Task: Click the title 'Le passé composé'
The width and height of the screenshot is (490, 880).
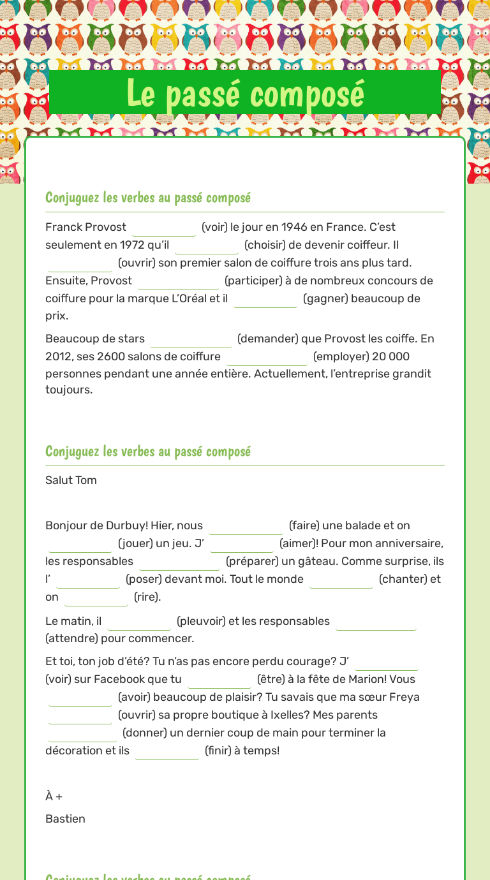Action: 245,93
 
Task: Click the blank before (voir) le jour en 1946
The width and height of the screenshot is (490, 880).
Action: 164,228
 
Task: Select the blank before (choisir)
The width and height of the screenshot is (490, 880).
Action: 207,246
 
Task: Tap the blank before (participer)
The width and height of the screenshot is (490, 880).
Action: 178,281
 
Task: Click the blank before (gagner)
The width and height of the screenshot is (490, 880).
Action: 265,299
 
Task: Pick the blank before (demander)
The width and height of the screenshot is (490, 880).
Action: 191,339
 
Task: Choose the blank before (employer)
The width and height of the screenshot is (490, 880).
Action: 267,357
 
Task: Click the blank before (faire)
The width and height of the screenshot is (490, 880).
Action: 246,526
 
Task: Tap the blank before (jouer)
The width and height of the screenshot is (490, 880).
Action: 80,544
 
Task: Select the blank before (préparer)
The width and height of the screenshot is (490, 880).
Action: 179,562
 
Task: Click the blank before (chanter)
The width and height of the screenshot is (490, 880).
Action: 341,580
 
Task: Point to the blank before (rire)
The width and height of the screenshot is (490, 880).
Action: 96,598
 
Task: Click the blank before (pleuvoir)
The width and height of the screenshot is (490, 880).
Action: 139,622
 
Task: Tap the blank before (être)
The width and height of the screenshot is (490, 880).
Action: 219,680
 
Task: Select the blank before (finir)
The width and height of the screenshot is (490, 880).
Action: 167,751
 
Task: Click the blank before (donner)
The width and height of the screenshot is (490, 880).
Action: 82,733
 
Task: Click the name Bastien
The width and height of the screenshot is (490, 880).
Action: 65,819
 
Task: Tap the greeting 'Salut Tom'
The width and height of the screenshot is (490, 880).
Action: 71,480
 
